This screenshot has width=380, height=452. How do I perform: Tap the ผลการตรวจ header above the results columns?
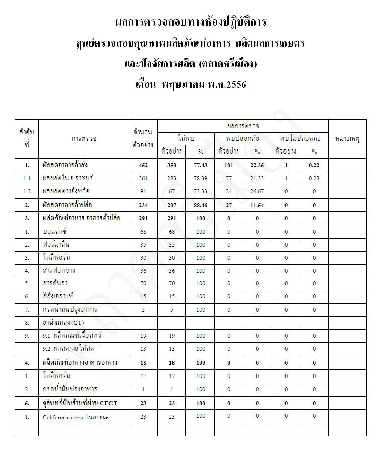[x=243, y=125]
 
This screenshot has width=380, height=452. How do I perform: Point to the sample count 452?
[x=143, y=165]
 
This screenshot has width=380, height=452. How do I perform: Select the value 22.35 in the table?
[x=257, y=165]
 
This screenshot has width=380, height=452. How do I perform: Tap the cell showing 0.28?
[x=314, y=178]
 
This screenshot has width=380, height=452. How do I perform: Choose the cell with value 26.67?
[x=257, y=191]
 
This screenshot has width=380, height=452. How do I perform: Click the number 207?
[x=172, y=205]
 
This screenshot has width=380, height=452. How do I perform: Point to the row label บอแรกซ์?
[x=55, y=231]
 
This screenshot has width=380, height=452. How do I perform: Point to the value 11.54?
[x=257, y=205]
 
